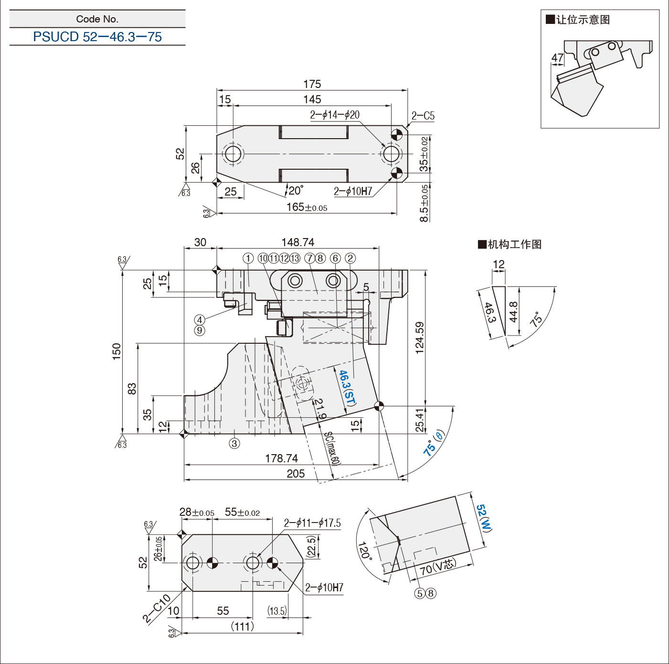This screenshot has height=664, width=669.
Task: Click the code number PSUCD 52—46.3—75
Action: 97,37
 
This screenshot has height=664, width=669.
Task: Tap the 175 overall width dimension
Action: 312,84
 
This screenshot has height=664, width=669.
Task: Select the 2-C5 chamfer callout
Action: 423,116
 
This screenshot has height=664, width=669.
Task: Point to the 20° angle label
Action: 296,191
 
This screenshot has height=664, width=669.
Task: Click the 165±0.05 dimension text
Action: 307,207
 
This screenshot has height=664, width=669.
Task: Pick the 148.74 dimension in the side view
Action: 298,242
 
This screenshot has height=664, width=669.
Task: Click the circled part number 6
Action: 335,258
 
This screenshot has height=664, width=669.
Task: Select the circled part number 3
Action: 234,443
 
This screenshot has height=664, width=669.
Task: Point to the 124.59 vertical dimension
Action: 420,337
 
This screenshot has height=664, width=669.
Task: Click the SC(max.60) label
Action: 332,448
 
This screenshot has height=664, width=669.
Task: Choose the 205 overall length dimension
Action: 296,473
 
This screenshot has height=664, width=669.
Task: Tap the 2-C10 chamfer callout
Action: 157,608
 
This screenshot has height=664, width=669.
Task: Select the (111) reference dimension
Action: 242,626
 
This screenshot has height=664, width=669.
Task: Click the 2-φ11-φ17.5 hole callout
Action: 312,523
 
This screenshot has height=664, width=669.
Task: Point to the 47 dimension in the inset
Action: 558,58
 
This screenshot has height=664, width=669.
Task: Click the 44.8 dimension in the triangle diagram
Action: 513,312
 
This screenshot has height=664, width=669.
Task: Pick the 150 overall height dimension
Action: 117,351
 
